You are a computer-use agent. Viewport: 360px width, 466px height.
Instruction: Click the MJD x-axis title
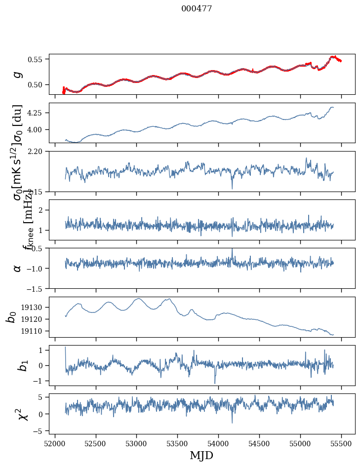click(201, 456)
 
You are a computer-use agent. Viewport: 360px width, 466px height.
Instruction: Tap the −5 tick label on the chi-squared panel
click(39, 431)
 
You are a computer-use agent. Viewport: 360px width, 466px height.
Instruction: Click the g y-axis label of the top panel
click(18, 74)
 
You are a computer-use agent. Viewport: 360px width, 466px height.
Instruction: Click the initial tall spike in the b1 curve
click(65, 347)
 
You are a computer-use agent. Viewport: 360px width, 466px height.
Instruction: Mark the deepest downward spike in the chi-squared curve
click(232, 423)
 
